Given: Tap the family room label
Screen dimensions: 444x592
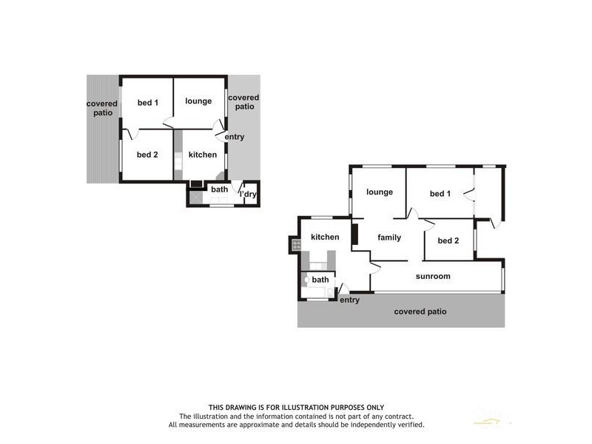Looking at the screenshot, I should tap(389, 238).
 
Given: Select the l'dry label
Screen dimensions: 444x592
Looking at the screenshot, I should tap(248, 195).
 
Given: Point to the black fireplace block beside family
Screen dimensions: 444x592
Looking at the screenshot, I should tap(355, 235).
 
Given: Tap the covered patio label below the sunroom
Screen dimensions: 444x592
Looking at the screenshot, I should tap(420, 312).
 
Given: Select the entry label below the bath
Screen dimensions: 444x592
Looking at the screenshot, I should tap(349, 300).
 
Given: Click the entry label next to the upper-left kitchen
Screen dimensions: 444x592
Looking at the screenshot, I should tap(235, 137).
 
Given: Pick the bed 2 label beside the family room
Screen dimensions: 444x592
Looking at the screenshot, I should tap(448, 240).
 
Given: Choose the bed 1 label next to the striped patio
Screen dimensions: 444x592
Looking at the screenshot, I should tap(149, 102).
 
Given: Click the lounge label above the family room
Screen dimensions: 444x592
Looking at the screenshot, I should tap(379, 192).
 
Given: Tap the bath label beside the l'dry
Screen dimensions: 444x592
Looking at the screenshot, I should tap(220, 189).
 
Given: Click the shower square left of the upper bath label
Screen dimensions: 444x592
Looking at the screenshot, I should tap(195, 197).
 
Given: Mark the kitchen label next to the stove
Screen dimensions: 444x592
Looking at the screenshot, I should tap(325, 237).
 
